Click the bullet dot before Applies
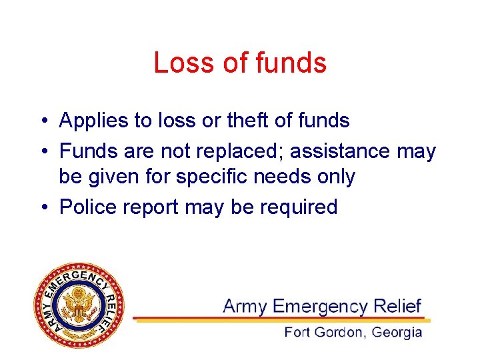42,121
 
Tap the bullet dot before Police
42,207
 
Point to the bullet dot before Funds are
42,152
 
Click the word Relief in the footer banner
397,306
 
